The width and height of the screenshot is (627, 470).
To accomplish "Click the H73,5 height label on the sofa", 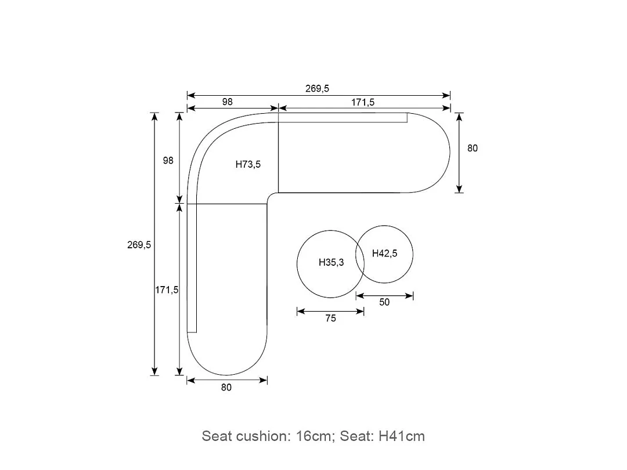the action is pyautogui.click(x=248, y=164).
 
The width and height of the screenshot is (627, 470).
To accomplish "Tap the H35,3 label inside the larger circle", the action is pyautogui.click(x=331, y=263).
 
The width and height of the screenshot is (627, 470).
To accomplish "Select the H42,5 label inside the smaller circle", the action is pyautogui.click(x=385, y=254).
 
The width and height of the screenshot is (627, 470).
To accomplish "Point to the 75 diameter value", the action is pyautogui.click(x=331, y=318).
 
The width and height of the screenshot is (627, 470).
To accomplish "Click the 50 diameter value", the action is pyautogui.click(x=384, y=302).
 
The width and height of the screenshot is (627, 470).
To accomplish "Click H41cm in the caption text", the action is pyautogui.click(x=402, y=436).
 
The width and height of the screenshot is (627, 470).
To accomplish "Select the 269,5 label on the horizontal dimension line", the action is pyautogui.click(x=317, y=88).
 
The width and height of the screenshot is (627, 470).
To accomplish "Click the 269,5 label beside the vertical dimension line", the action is pyautogui.click(x=139, y=245).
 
